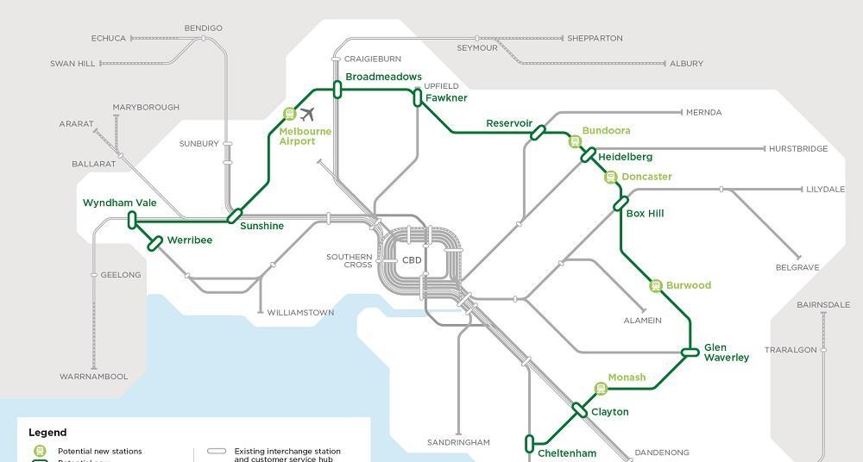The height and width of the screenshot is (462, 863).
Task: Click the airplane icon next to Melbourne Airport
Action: coord(307,114)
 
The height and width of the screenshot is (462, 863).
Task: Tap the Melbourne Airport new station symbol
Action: coord(290,114)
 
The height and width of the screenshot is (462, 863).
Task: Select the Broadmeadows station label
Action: coord(383,78)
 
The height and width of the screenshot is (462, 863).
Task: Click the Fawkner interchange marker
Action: coord(418,97)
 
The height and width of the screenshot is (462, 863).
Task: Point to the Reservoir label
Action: coord(509,123)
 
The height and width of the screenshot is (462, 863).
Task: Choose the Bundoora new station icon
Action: coord(574,141)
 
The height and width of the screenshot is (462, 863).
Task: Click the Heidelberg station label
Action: coord(625,157)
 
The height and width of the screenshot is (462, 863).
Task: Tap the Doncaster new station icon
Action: coord(611,178)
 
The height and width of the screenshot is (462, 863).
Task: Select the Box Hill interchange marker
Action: coord(620,204)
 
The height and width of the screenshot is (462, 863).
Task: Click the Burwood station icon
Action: coord(655,285)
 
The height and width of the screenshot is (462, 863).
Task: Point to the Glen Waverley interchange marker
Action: coord(690,352)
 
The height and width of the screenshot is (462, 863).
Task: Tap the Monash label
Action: coord(627,378)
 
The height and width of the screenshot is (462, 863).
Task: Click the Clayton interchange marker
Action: coord(579,410)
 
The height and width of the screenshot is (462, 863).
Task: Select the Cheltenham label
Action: coord(567,453)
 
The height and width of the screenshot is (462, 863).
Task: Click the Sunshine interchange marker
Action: coord(234,215)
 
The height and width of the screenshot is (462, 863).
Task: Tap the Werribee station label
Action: coord(189,240)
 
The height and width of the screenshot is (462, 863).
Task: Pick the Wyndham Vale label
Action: coord(120,203)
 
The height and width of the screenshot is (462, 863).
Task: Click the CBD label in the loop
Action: coord(412,260)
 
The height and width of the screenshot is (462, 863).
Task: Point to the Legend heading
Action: coord(47,433)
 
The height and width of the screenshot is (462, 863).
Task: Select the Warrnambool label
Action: coord(93,377)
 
